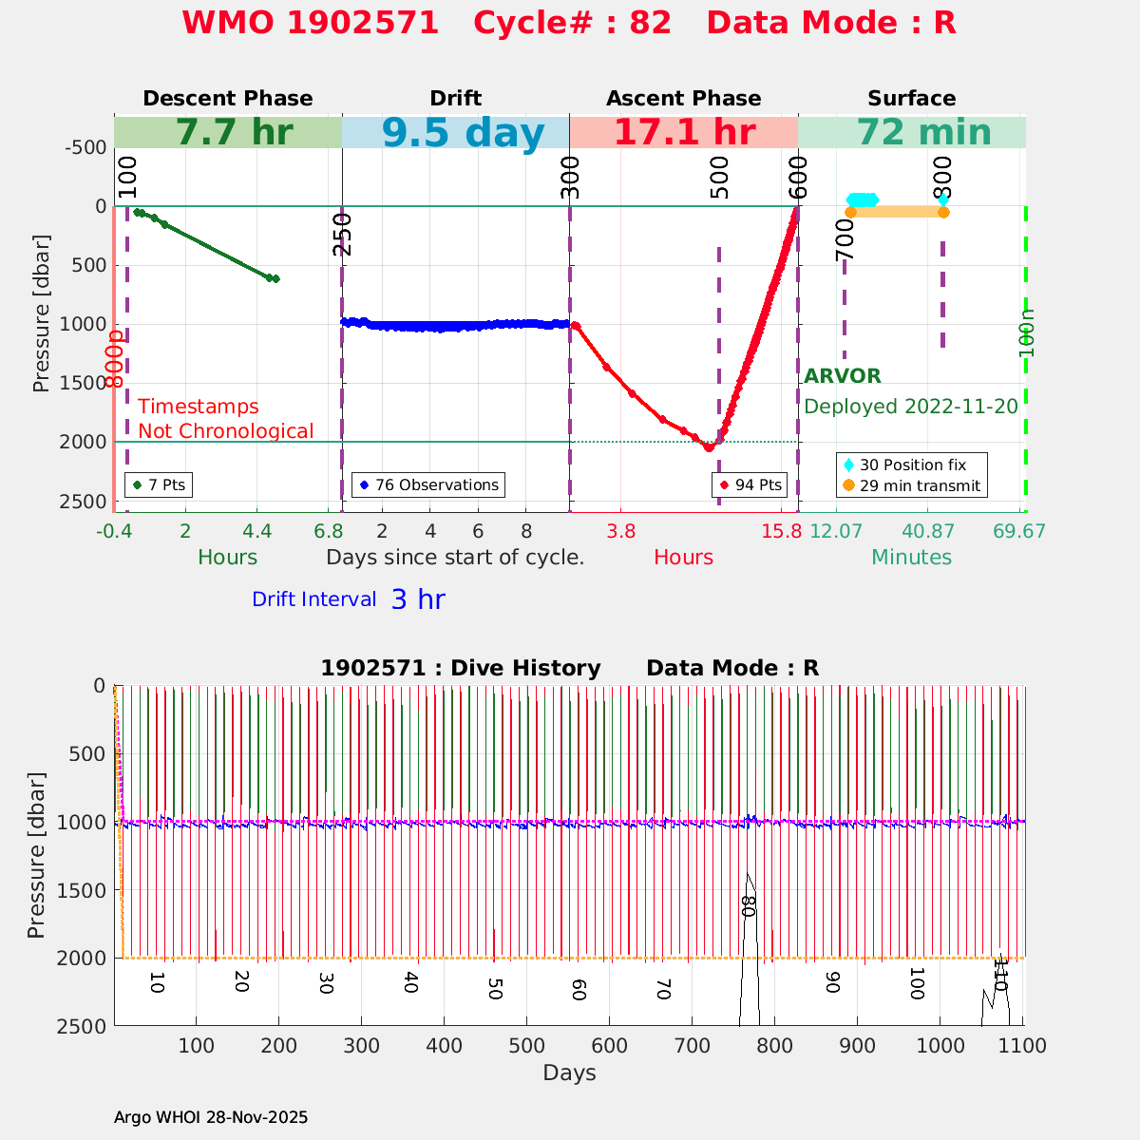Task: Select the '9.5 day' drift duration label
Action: tap(464, 133)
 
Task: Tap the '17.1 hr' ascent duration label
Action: tap(684, 133)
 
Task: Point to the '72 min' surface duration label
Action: tap(911, 133)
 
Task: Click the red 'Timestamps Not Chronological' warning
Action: tap(225, 419)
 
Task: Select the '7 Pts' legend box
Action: tap(158, 484)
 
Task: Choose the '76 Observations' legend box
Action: tap(427, 484)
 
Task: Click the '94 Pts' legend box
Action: tap(750, 484)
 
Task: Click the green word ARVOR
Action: tap(843, 376)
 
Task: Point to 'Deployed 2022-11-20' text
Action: tap(911, 407)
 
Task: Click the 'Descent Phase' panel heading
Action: tap(228, 99)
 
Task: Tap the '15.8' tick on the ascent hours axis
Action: tap(781, 531)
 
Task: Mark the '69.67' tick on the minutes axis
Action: tap(1019, 531)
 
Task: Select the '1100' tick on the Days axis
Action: tap(1022, 1046)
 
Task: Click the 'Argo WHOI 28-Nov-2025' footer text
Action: tap(211, 1117)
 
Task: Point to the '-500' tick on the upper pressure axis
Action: tap(85, 147)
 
